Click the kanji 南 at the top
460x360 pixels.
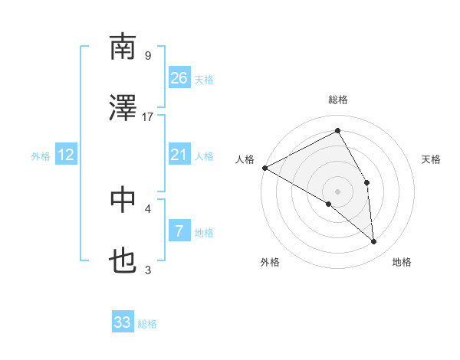click(x=123, y=47)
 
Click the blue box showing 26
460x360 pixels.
click(x=179, y=77)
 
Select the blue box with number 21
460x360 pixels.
click(x=179, y=155)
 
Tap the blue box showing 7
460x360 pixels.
click(x=179, y=230)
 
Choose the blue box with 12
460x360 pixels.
click(x=66, y=155)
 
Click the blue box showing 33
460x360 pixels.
click(x=123, y=322)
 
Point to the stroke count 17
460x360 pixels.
click(x=148, y=116)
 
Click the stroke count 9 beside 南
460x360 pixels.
click(x=148, y=55)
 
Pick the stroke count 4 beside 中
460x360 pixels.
click(x=148, y=208)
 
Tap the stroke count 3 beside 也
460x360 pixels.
click(x=148, y=270)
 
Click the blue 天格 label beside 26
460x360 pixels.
click(x=204, y=79)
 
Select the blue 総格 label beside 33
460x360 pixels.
click(x=147, y=324)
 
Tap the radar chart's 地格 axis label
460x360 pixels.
click(x=402, y=263)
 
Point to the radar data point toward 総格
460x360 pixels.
click(x=337, y=131)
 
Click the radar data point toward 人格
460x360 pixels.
click(x=264, y=168)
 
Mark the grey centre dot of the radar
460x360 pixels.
click(x=337, y=191)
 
